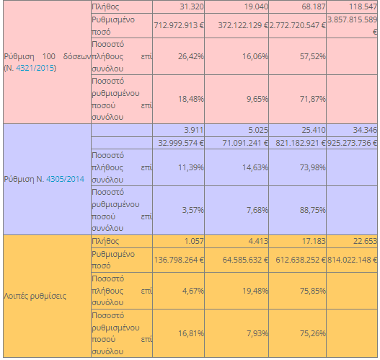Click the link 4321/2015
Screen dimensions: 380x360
click(35, 68)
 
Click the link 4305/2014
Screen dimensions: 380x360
click(65, 179)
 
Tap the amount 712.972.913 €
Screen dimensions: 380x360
click(179, 25)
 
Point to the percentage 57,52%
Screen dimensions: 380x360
click(313, 56)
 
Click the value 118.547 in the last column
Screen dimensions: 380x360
click(363, 6)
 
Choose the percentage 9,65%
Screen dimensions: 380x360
click(257, 99)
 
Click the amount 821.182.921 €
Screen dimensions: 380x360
click(301, 143)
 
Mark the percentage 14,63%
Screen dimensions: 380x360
click(255, 167)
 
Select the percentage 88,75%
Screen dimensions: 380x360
click(313, 210)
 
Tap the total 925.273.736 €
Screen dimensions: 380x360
click(353, 143)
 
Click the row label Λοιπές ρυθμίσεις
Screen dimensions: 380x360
click(35, 296)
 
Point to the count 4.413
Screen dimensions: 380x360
click(258, 241)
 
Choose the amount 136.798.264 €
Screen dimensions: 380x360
click(179, 260)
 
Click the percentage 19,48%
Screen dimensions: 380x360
click(255, 291)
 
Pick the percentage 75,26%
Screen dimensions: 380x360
click(313, 333)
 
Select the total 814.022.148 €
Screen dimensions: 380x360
click(353, 260)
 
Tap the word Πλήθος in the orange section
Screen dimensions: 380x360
click(105, 241)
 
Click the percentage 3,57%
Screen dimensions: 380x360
click(193, 210)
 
